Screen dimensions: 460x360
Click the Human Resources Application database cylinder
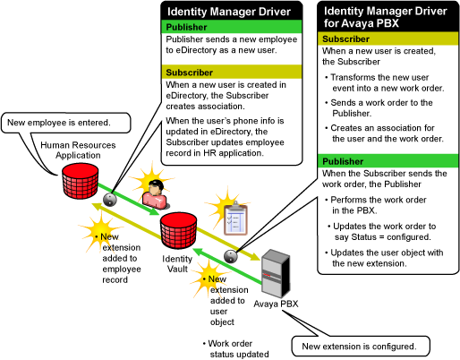(80, 181)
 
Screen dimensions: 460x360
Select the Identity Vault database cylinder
(178, 230)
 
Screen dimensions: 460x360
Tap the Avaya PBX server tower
(276, 274)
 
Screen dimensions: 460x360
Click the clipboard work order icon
(235, 219)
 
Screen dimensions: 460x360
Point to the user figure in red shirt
(155, 194)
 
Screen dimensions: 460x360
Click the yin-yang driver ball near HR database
(110, 199)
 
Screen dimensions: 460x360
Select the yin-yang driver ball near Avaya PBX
(231, 256)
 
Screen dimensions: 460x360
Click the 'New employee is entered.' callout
(66, 123)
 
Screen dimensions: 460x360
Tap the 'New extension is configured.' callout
(361, 347)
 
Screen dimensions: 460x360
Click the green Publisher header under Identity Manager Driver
(232, 27)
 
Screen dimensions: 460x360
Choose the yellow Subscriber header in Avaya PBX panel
(388, 39)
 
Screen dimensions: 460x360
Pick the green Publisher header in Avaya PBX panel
(388, 161)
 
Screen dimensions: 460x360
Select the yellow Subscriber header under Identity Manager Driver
(232, 73)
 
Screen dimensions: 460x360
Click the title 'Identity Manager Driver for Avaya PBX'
(386, 17)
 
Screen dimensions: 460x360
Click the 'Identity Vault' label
(177, 264)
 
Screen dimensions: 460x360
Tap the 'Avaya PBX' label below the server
(276, 304)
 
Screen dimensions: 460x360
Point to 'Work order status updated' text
(236, 349)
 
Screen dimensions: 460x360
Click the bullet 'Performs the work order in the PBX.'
(376, 205)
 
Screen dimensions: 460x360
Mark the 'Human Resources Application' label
(78, 150)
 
